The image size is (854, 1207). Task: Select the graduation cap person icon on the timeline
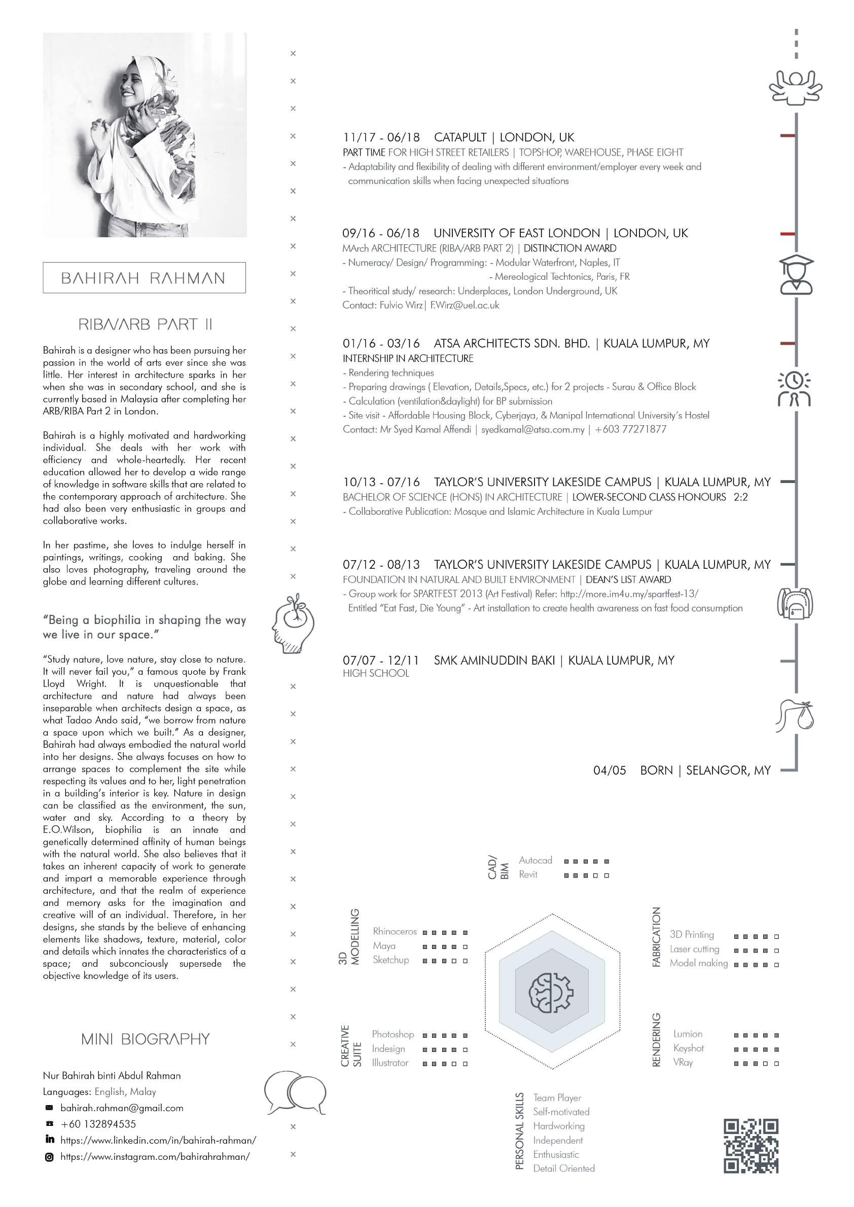click(x=796, y=274)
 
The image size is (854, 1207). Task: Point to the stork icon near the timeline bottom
click(x=794, y=715)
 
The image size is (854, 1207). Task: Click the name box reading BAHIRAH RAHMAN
click(x=144, y=278)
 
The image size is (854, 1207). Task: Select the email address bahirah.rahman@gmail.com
click(x=122, y=1108)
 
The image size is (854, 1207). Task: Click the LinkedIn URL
click(x=158, y=1140)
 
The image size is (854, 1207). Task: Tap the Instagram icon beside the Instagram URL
click(x=49, y=1156)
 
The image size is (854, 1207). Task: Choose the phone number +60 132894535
click(x=98, y=1124)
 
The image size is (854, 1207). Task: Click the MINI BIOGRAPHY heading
click(x=146, y=1039)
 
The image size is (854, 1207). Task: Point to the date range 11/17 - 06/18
click(x=381, y=138)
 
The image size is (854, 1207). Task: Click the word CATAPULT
click(x=460, y=138)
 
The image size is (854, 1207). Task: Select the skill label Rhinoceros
click(x=395, y=932)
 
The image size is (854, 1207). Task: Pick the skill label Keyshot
click(x=688, y=1048)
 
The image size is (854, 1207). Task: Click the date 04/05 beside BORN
click(x=610, y=770)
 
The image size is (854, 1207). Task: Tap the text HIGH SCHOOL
click(x=375, y=673)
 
